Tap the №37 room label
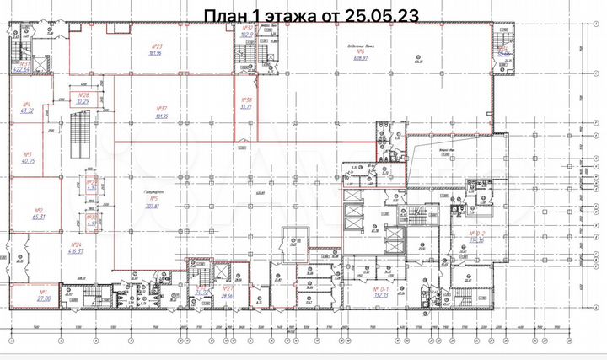click(x=162, y=112)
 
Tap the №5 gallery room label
click(x=153, y=201)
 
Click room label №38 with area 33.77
click(x=247, y=105)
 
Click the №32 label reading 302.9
click(x=247, y=33)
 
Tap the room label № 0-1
click(x=379, y=293)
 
